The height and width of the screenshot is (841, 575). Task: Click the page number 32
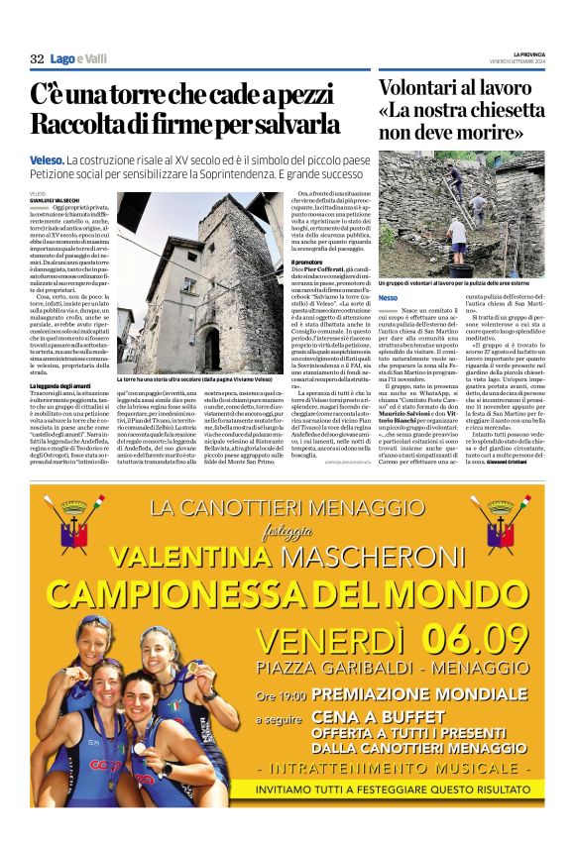pos(37,58)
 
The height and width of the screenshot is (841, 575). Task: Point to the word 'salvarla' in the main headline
pos(294,126)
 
